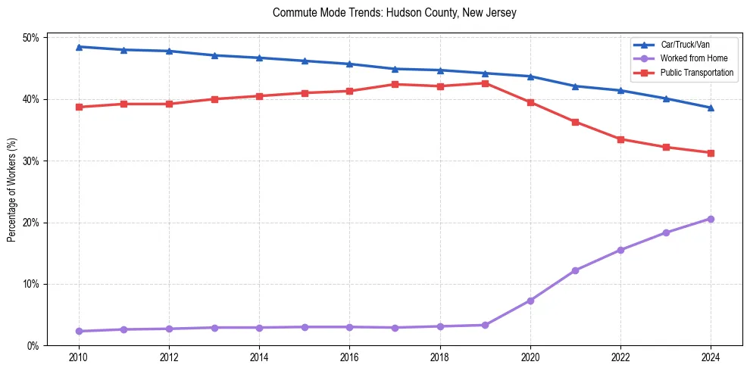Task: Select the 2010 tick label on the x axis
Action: click(x=79, y=357)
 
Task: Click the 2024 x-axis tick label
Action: click(x=711, y=357)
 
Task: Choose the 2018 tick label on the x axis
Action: click(x=440, y=357)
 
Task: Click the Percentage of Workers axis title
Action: click(x=11, y=191)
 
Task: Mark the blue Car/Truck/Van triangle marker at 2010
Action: click(x=79, y=47)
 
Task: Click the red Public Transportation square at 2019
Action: click(x=485, y=83)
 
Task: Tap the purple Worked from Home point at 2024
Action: click(x=711, y=219)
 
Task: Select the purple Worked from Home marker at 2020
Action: click(x=530, y=301)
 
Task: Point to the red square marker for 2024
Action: click(x=711, y=153)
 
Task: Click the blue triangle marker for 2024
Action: click(x=711, y=108)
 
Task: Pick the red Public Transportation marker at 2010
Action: click(x=79, y=107)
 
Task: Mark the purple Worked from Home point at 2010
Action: click(x=79, y=331)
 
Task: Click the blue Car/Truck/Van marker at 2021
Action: click(x=575, y=86)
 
